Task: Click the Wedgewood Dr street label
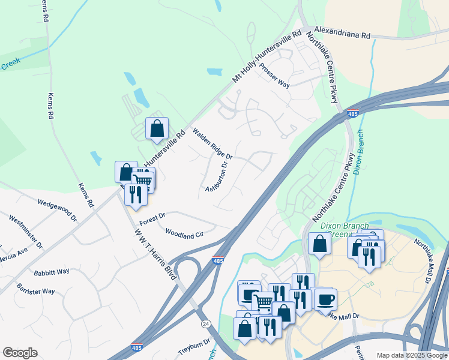coord(58,208)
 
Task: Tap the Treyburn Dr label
coord(194,347)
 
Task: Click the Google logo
coord(20,353)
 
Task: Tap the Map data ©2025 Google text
coord(411,355)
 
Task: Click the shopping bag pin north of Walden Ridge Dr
coord(157,129)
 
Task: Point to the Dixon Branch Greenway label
coord(343,230)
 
